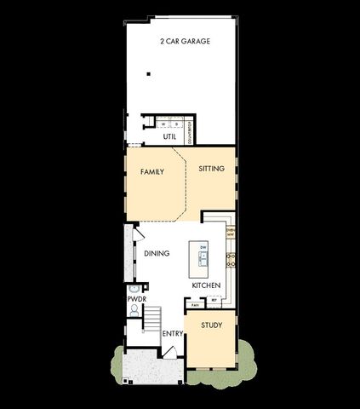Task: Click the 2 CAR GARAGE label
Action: [185, 41]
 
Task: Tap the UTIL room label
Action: [169, 136]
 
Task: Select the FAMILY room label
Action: [151, 171]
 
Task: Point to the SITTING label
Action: [211, 169]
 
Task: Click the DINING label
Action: [157, 253]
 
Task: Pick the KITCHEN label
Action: [206, 285]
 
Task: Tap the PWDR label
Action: [134, 300]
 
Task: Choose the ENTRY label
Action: [172, 333]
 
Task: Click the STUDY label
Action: [211, 325]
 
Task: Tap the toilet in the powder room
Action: [134, 311]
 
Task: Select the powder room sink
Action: [133, 290]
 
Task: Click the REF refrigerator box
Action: [214, 300]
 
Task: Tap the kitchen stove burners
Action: [230, 258]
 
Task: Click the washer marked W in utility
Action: [164, 123]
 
